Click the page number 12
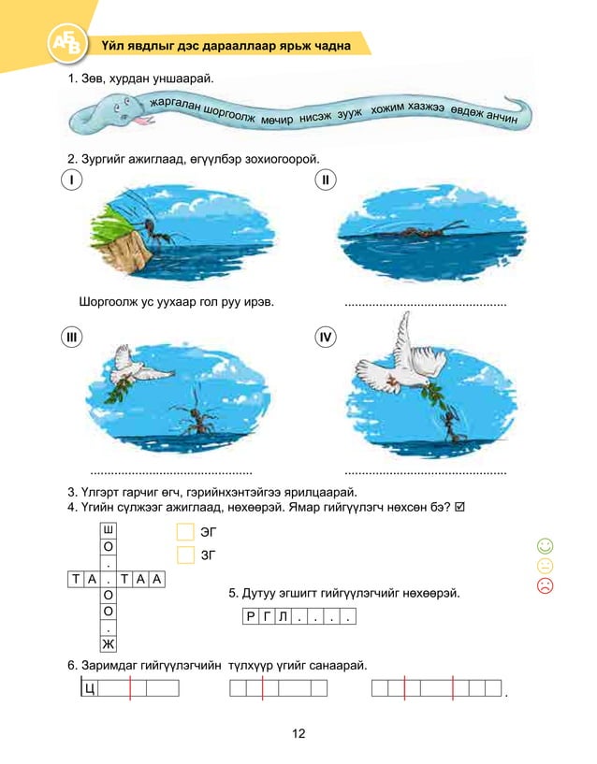(298, 734)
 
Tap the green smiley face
(546, 545)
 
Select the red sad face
(546, 586)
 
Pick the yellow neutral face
(546, 566)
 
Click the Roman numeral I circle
(70, 180)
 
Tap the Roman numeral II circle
(325, 180)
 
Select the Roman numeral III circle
(70, 338)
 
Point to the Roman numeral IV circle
(325, 338)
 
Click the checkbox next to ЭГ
(185, 532)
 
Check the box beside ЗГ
(185, 555)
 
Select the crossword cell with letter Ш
(109, 529)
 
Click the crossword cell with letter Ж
(109, 644)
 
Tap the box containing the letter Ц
(90, 689)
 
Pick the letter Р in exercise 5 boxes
(250, 617)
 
